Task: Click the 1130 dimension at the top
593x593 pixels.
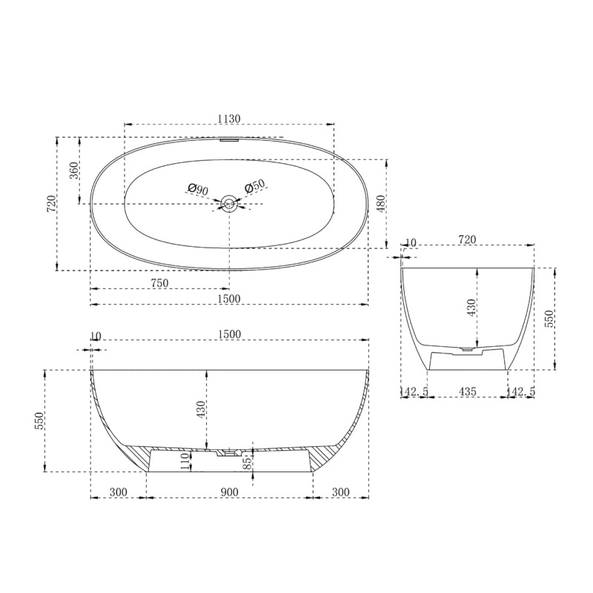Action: (x=229, y=119)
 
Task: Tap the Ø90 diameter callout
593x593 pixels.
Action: (x=198, y=190)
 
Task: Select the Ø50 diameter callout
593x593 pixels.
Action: (x=255, y=187)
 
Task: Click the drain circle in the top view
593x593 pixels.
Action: (x=229, y=203)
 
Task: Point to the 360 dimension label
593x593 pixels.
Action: (x=74, y=170)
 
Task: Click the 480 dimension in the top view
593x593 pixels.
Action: (x=380, y=203)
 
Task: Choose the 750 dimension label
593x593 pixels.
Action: (x=159, y=283)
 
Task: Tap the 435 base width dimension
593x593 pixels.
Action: (x=468, y=391)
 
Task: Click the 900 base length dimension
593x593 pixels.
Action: (x=229, y=492)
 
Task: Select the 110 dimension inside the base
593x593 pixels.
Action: (x=184, y=461)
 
